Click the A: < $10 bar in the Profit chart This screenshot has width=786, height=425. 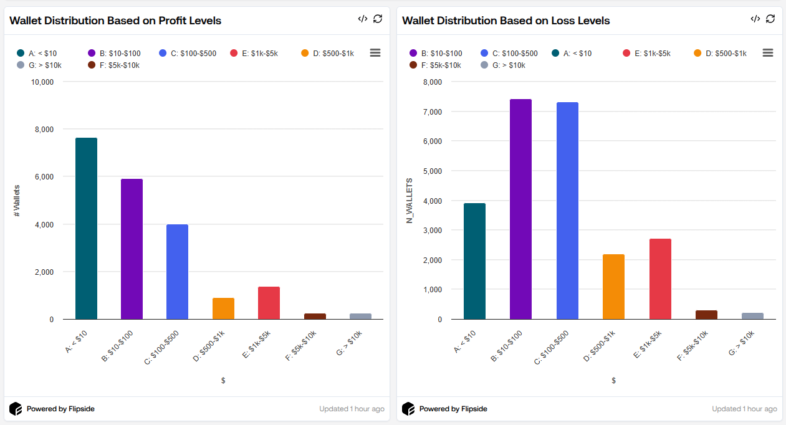(x=86, y=229)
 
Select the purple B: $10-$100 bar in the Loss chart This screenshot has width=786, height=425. (x=520, y=209)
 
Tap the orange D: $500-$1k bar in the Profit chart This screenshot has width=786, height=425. (x=223, y=308)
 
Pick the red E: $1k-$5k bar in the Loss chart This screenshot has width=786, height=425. (x=660, y=279)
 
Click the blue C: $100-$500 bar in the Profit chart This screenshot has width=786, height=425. (x=177, y=272)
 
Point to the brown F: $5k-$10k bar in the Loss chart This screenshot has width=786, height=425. (x=706, y=315)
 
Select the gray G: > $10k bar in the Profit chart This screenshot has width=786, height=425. (x=360, y=316)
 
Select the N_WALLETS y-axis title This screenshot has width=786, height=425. (x=410, y=201)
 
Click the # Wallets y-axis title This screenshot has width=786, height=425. (x=17, y=201)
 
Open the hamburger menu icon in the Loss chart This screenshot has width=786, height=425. (x=768, y=53)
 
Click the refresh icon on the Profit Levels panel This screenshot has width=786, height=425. (x=378, y=19)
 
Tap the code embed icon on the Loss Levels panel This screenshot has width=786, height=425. (x=755, y=19)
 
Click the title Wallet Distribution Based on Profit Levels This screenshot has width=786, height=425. (x=115, y=21)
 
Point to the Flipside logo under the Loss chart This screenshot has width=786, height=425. (x=408, y=409)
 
